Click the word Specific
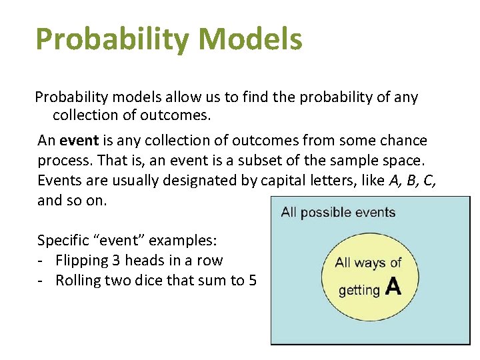pyautogui.click(x=63, y=241)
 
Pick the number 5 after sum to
pyautogui.click(x=252, y=281)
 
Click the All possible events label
pyautogui.click(x=338, y=213)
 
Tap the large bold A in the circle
pyautogui.click(x=393, y=287)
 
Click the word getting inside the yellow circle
pyautogui.click(x=359, y=290)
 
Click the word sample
pyautogui.click(x=351, y=161)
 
